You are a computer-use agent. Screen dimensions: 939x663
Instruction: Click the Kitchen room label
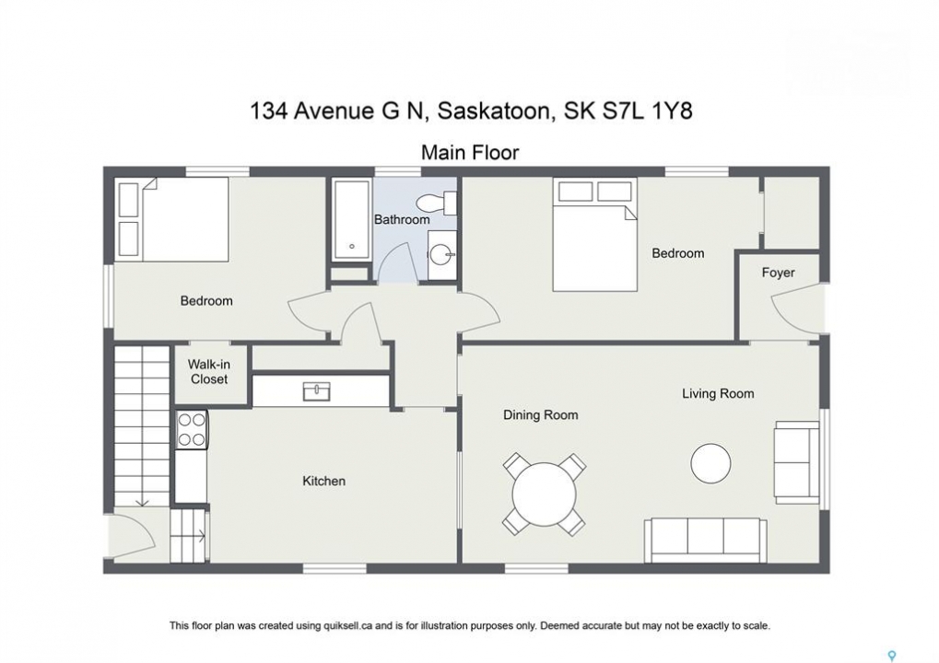point(323,481)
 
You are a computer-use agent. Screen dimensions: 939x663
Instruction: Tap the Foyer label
point(778,273)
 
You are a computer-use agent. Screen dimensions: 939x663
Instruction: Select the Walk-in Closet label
point(208,372)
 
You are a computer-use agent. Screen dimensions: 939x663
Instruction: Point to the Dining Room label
point(540,414)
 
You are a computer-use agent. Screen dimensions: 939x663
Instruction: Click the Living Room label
point(718,394)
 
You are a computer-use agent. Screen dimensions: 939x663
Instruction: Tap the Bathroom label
point(402,219)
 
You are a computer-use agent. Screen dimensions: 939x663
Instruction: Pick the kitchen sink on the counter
point(316,391)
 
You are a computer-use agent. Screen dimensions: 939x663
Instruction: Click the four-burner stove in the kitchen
point(192,430)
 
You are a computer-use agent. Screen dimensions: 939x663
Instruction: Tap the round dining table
point(544,494)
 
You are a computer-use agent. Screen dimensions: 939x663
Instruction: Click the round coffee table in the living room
point(710,463)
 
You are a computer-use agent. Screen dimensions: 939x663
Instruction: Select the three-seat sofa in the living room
point(706,541)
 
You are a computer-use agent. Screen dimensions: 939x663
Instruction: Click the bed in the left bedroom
point(172,219)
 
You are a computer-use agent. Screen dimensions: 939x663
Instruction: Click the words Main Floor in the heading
point(470,152)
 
